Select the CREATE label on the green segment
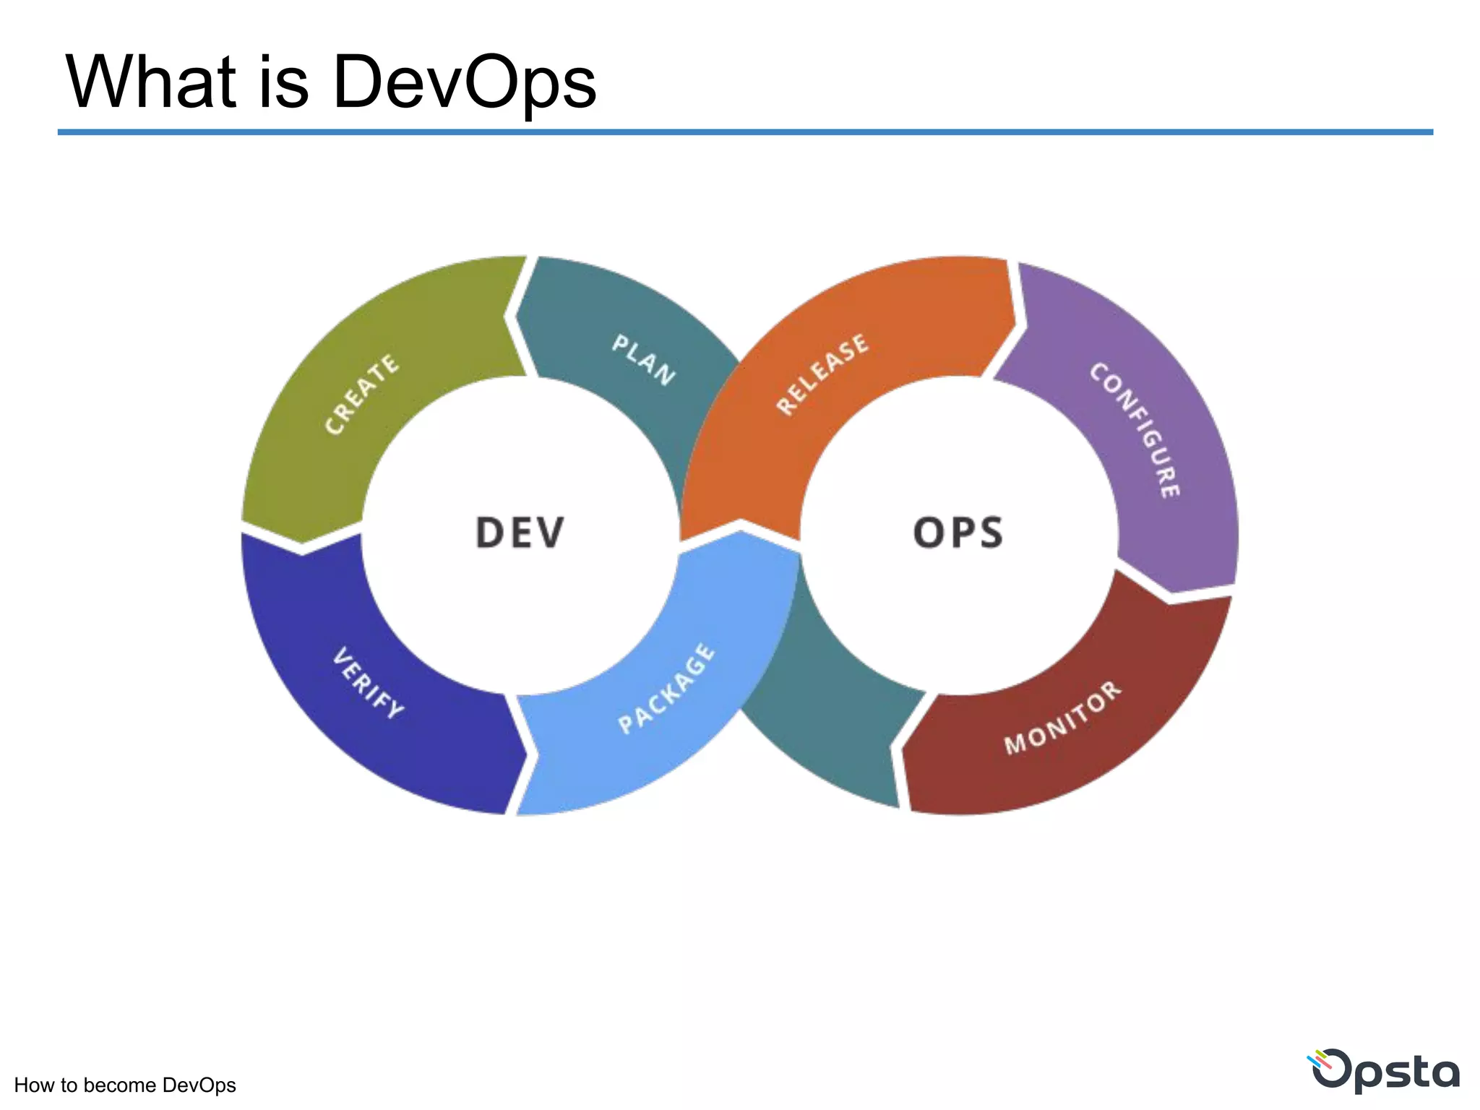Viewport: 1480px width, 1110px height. pyautogui.click(x=361, y=394)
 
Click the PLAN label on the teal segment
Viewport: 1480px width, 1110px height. pyautogui.click(x=644, y=359)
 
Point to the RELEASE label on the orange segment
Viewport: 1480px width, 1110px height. pyautogui.click(x=822, y=374)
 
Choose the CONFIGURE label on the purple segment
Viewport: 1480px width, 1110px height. pyautogui.click(x=1135, y=430)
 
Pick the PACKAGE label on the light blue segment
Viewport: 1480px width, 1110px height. pyautogui.click(x=666, y=688)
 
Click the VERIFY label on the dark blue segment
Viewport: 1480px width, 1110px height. pyautogui.click(x=368, y=683)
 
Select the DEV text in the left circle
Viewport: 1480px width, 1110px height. pyautogui.click(x=520, y=533)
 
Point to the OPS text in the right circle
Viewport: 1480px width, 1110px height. pyautogui.click(x=958, y=533)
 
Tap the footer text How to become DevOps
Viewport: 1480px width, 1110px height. pyautogui.click(x=125, y=1085)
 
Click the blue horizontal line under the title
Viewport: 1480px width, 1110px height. pyautogui.click(x=744, y=132)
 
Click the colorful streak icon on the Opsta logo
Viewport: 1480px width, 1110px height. pyautogui.click(x=1320, y=1062)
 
